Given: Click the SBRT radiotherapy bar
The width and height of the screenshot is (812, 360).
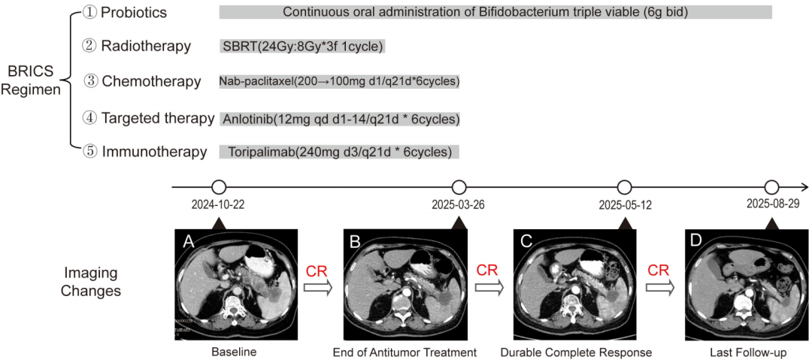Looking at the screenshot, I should (302, 47).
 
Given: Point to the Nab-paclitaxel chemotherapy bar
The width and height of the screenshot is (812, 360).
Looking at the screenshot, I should (339, 81).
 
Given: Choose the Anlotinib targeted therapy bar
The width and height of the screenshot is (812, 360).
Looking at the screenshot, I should (340, 118).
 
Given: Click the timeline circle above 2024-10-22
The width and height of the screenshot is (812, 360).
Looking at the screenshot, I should (219, 187).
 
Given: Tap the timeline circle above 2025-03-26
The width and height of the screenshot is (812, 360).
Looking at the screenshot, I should (459, 187).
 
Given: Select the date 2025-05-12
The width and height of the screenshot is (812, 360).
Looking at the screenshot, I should (623, 204).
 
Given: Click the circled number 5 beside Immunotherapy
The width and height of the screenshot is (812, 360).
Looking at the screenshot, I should (89, 152).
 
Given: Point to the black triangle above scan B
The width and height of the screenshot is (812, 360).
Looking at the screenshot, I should (458, 222).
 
